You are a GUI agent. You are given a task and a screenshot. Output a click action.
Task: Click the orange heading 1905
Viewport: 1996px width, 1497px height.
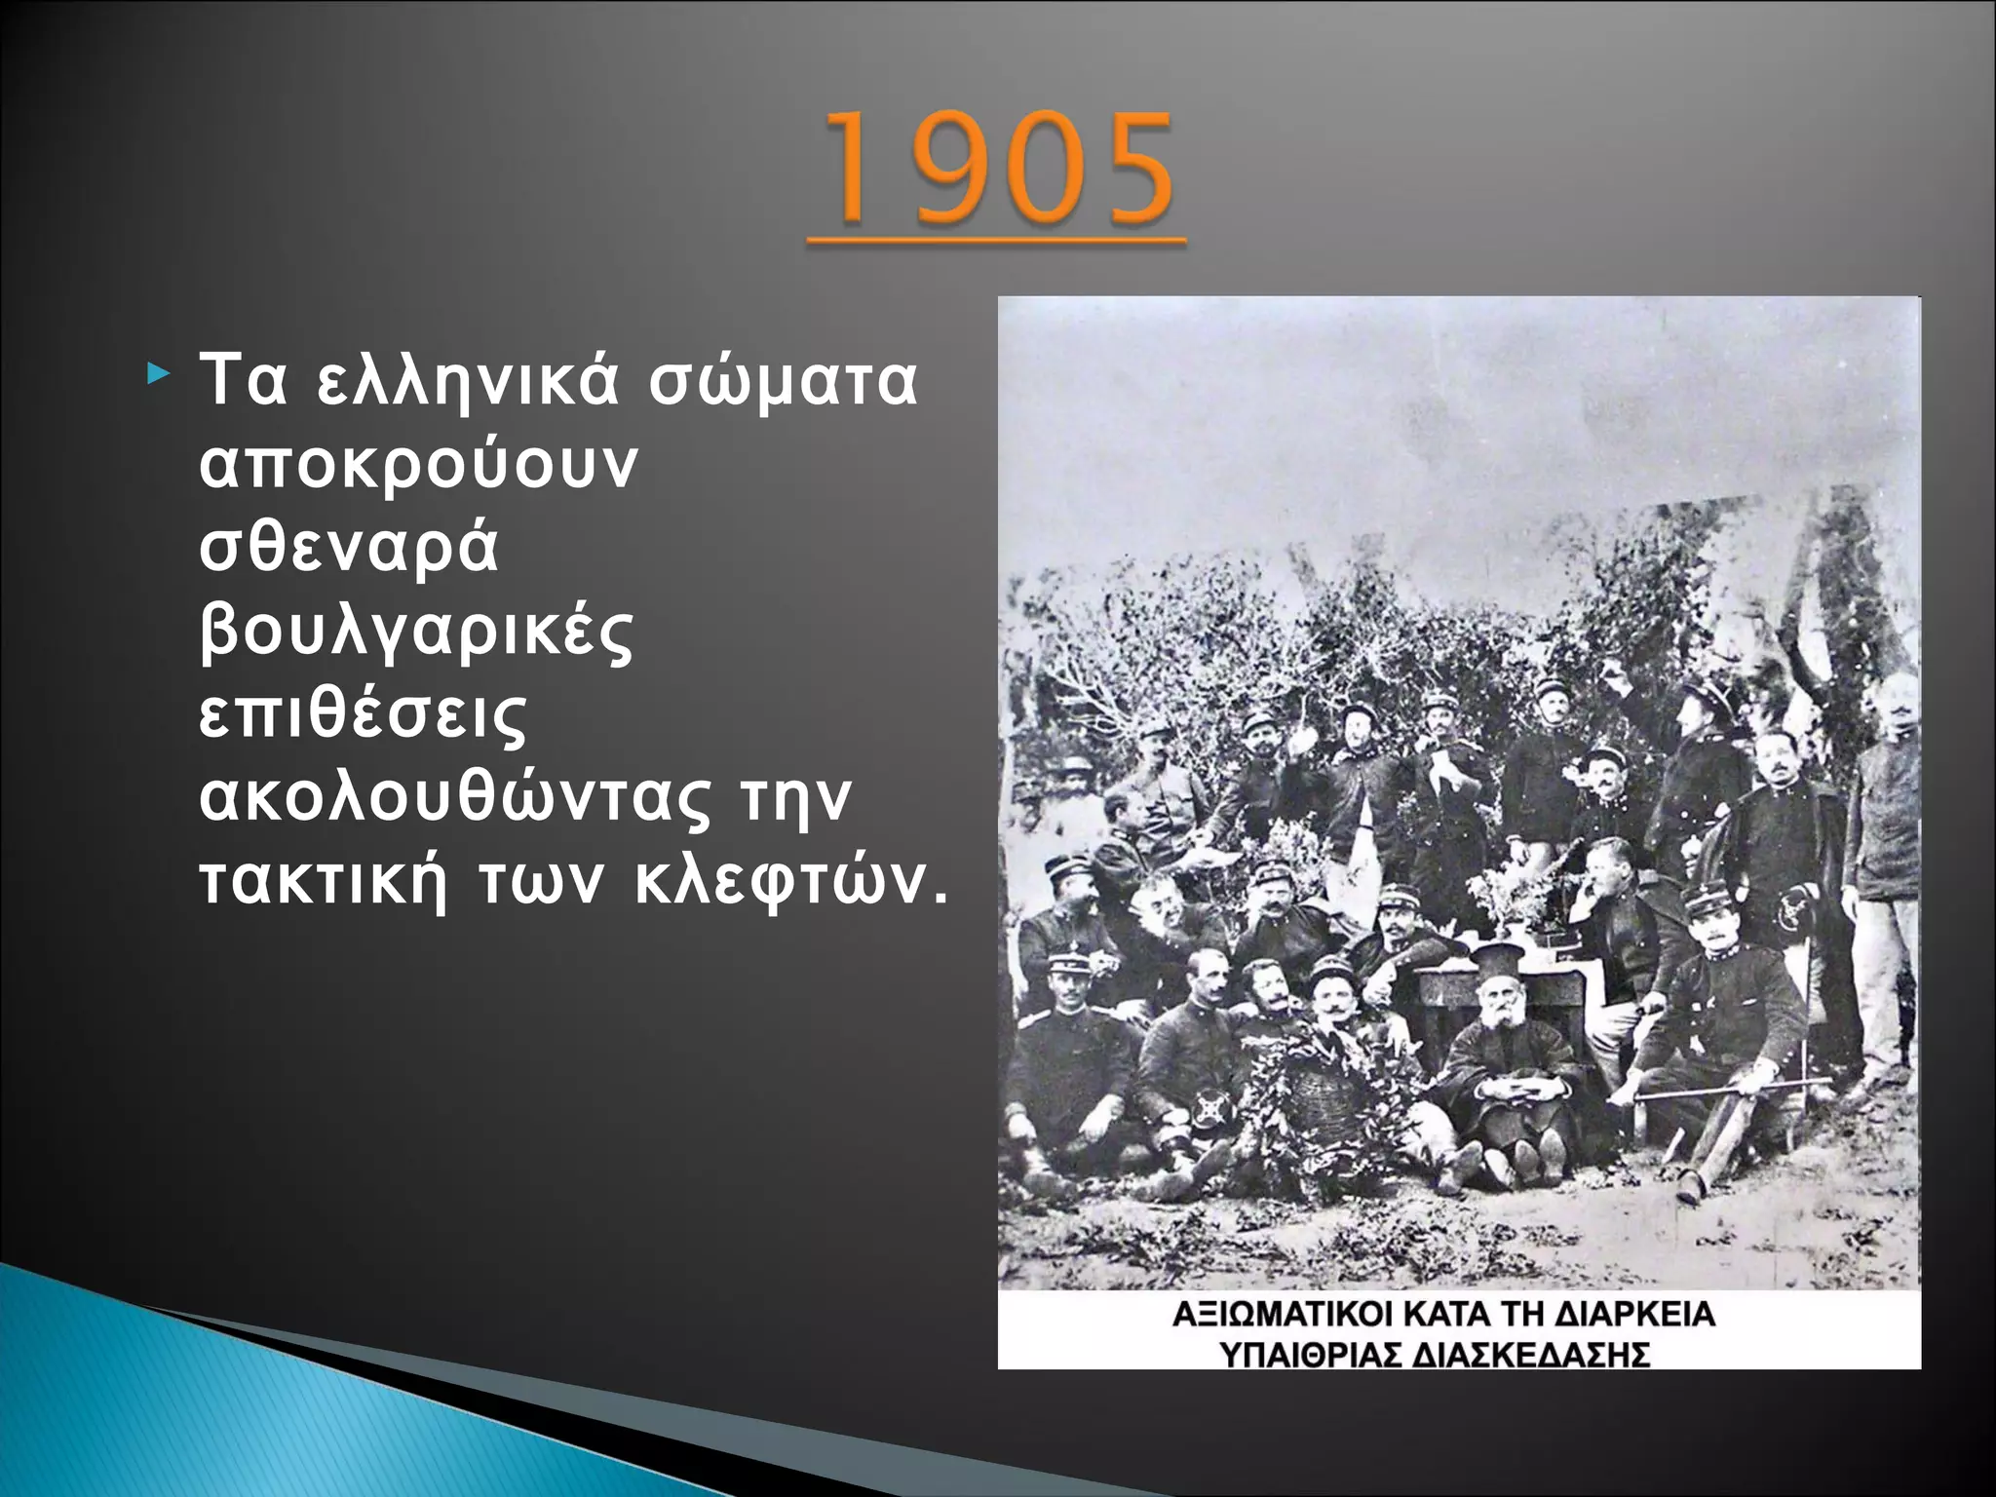[998, 168]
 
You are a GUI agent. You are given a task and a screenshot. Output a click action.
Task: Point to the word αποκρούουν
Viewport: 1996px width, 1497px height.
[419, 465]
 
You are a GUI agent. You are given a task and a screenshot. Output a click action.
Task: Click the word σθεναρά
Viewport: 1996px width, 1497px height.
[349, 548]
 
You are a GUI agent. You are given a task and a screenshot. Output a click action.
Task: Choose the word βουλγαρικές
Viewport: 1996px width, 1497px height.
[417, 633]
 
